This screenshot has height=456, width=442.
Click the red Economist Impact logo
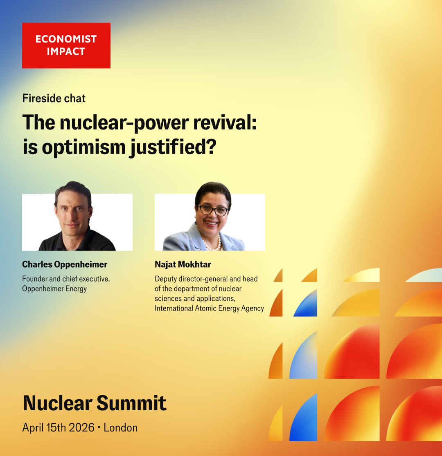tap(66, 45)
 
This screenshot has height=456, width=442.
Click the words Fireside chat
tap(54, 98)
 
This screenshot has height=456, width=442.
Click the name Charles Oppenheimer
tap(65, 264)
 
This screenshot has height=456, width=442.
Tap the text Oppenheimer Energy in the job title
tap(54, 289)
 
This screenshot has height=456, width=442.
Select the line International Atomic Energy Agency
tap(209, 308)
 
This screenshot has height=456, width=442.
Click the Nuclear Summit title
tap(95, 403)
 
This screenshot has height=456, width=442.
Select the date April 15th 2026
tap(57, 428)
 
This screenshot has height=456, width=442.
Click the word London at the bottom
tap(120, 428)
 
